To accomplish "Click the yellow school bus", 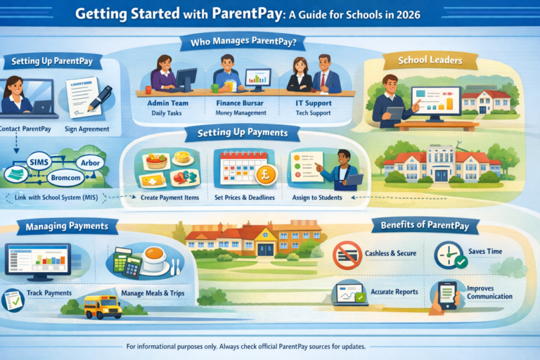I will pos(103,306).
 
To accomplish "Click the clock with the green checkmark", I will pos(449,255).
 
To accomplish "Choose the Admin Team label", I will pos(166,103).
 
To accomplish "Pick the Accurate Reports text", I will pos(394,291).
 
